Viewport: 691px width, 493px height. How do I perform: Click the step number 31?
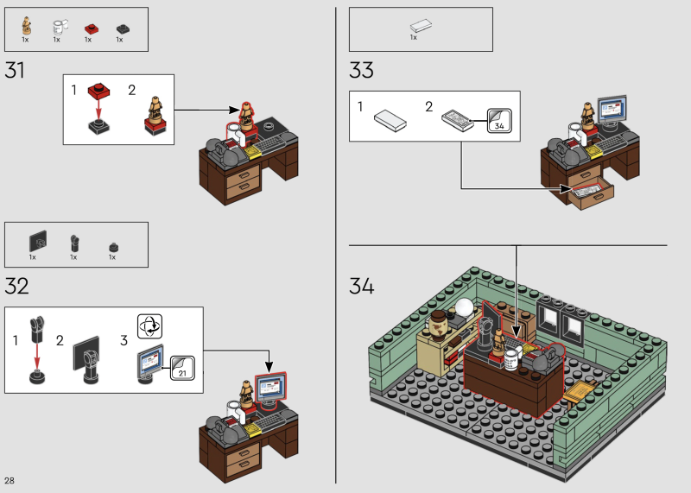(15, 71)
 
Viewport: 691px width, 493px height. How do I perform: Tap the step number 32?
(16, 287)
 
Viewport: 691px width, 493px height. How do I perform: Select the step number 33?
(361, 71)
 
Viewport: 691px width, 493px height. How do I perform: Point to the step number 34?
(362, 286)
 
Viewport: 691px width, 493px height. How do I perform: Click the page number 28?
(10, 480)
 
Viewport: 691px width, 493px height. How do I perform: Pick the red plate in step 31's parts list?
(92, 29)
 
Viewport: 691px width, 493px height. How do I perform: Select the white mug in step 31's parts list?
(60, 27)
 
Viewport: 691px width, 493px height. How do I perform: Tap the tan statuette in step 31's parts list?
(27, 26)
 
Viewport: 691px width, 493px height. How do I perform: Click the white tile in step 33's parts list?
(421, 26)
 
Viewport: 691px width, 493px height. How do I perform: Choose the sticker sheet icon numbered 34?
(499, 120)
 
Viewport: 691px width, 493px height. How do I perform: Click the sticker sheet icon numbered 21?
(182, 368)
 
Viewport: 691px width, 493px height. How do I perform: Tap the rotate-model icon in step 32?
(149, 326)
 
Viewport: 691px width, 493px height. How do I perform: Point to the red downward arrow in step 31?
(98, 109)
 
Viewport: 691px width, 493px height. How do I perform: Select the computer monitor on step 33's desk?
(612, 111)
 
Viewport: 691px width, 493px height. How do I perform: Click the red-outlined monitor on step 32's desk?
(270, 389)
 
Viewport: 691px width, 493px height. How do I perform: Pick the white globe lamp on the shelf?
(465, 307)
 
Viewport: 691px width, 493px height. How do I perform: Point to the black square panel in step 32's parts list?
(38, 242)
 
